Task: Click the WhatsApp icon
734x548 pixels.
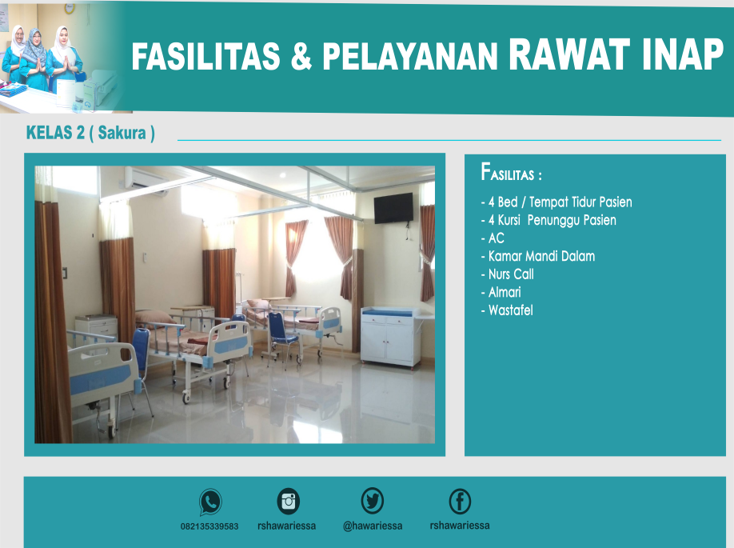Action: point(210,502)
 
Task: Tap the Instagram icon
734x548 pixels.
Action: point(289,501)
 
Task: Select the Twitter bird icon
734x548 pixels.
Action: point(372,500)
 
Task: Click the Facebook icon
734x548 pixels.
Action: point(460,501)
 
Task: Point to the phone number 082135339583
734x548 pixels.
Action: point(209,526)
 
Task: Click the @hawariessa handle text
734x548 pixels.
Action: point(373,526)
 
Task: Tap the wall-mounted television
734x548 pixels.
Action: point(393,208)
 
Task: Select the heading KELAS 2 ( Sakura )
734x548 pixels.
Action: point(90,133)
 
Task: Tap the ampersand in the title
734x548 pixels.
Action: point(301,56)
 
